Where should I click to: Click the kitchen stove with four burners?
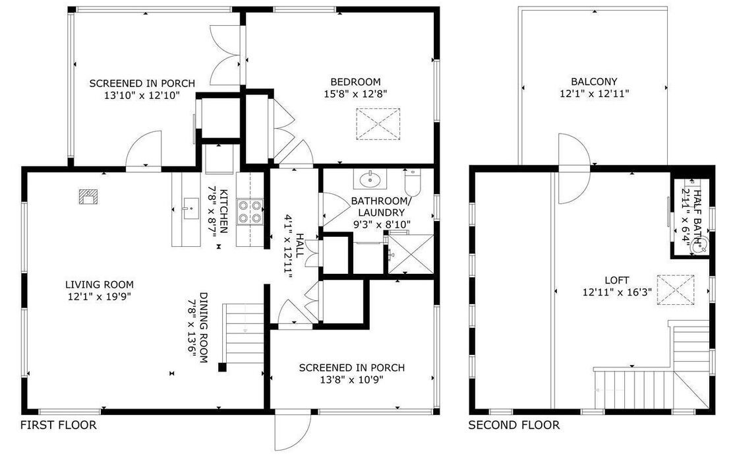coord(250,211)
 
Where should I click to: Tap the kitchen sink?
coord(190,208)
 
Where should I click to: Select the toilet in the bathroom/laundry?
coord(413,183)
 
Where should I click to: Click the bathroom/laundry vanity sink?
coord(370,179)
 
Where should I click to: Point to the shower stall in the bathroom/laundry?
coord(411,254)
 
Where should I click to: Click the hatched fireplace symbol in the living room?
coord(88,197)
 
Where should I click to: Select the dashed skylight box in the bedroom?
coord(378,124)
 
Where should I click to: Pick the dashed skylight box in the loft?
coord(676,290)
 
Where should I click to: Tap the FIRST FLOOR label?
coord(58,425)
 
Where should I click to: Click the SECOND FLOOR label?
coord(513,425)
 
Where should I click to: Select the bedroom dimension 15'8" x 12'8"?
coord(356,94)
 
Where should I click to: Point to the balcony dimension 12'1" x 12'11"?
coord(594,93)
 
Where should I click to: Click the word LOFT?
coord(617,280)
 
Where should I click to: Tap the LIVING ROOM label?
coord(100,284)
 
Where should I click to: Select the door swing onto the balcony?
coord(574,168)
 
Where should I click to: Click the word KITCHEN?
coord(223,211)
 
